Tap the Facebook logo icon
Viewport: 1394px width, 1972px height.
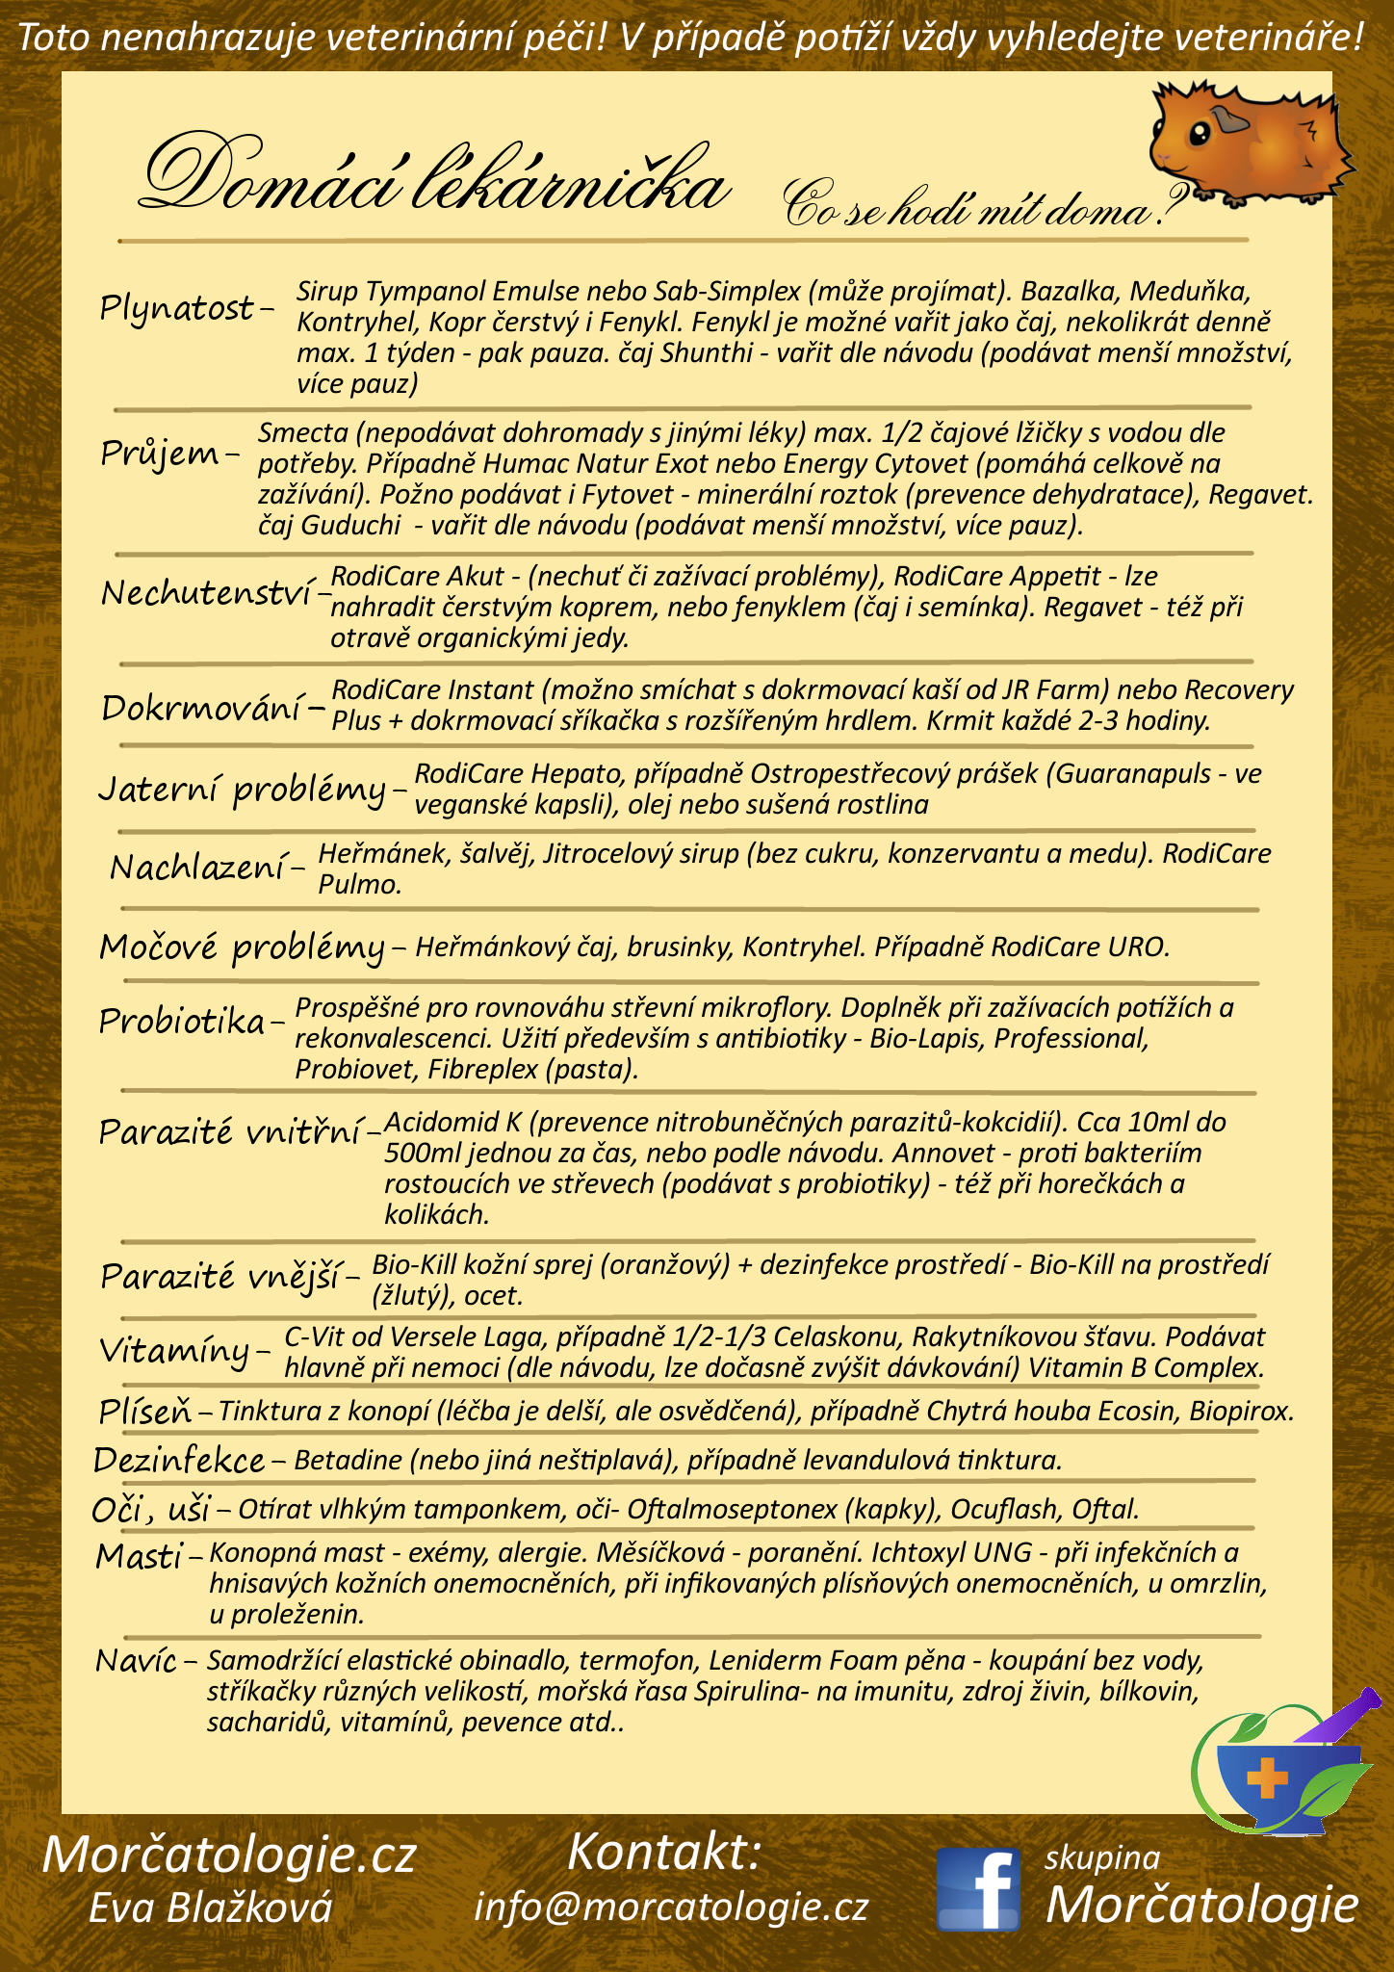point(978,1888)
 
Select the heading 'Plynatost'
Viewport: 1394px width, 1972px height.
point(178,309)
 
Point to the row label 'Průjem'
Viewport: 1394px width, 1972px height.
point(161,453)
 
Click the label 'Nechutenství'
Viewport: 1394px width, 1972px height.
point(209,593)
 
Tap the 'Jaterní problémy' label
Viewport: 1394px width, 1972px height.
point(243,790)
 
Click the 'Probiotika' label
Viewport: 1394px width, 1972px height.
point(182,1021)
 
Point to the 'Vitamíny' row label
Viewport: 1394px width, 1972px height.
point(175,1351)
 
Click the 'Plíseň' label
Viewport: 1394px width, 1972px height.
point(145,1412)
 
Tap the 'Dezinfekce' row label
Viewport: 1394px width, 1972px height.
point(179,1461)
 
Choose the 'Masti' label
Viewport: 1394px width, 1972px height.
point(140,1556)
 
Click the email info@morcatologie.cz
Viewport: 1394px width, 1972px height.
point(671,1907)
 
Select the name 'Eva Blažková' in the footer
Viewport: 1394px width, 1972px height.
point(211,1907)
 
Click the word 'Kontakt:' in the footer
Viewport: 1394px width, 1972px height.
point(664,1852)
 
